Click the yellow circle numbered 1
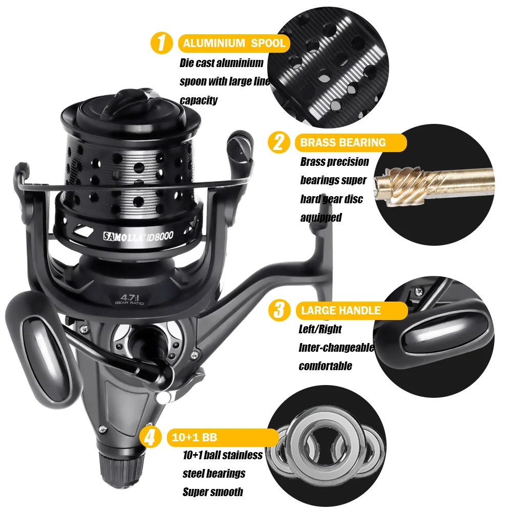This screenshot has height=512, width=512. [x=161, y=43]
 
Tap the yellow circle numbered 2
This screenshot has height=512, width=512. [x=279, y=142]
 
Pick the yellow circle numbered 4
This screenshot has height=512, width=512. [x=150, y=437]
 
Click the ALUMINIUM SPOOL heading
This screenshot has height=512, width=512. [x=234, y=43]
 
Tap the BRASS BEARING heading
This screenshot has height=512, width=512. [x=343, y=143]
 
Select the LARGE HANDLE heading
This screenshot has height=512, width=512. [x=341, y=310]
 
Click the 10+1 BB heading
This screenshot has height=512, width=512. [x=194, y=437]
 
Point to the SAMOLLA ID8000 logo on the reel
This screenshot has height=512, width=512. [x=138, y=236]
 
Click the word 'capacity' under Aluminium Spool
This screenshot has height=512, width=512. [x=199, y=100]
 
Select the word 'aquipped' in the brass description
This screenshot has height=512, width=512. [x=321, y=218]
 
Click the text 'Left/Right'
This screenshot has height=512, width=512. [x=320, y=329]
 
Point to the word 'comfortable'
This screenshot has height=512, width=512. [x=325, y=366]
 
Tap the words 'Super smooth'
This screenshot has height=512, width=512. [x=212, y=492]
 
